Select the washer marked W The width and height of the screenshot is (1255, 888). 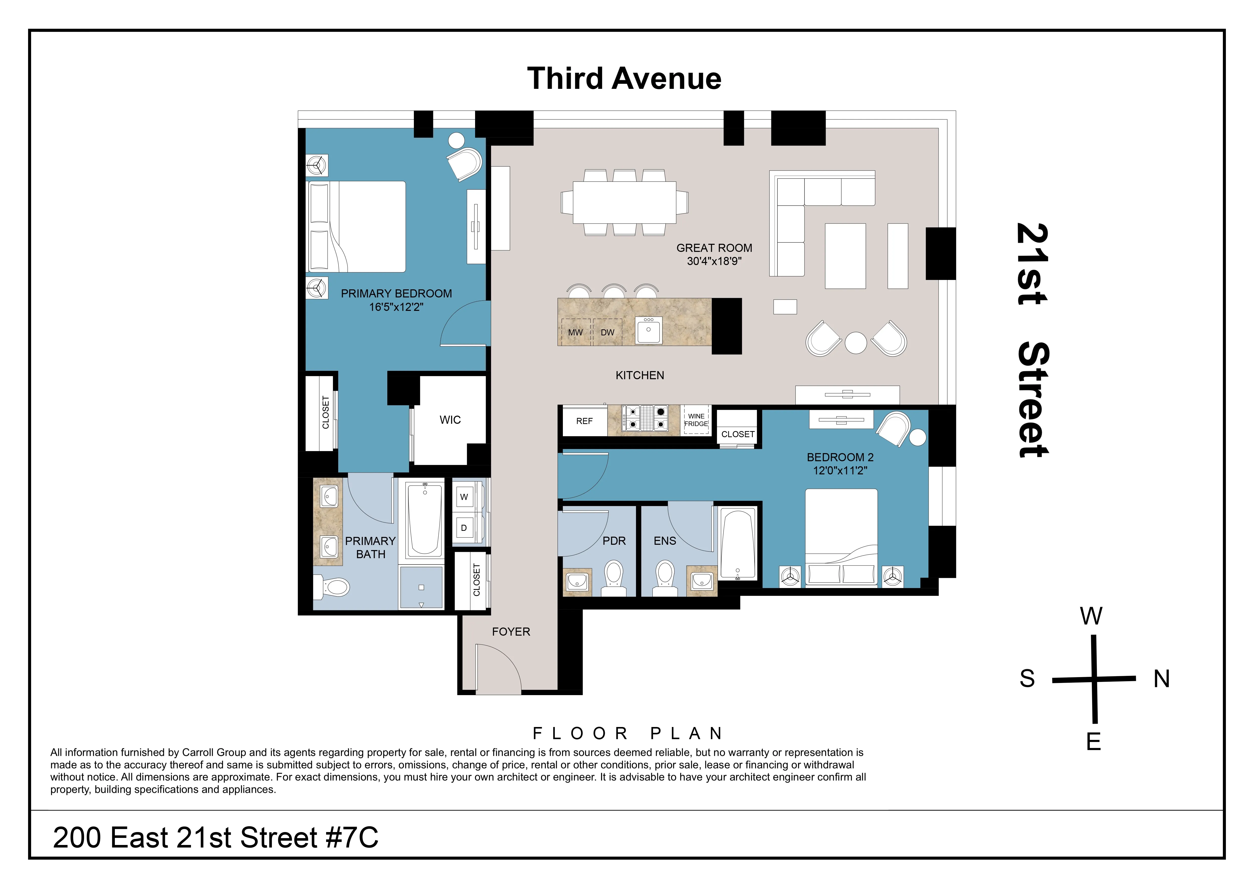click(464, 497)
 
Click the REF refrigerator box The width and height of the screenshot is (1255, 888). click(584, 421)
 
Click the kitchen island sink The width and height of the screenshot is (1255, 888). click(649, 330)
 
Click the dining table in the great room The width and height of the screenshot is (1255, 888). click(624, 202)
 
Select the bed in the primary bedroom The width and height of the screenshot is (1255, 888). click(357, 227)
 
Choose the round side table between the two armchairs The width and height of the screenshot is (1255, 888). click(856, 343)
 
